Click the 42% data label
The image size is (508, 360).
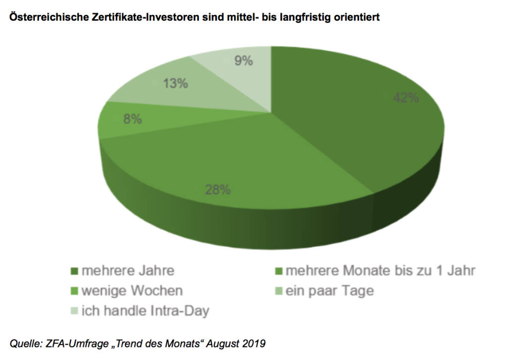(406, 98)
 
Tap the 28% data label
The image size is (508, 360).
(218, 189)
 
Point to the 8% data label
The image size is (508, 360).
(132, 119)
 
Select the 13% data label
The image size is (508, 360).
(176, 83)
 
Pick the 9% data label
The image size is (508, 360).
(243, 61)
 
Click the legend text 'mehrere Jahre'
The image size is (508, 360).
(128, 271)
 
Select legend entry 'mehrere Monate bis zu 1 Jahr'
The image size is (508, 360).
(381, 271)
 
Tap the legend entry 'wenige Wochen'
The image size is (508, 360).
(132, 291)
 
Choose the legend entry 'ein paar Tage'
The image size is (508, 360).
(329, 291)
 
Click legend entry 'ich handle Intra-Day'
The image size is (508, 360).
(145, 311)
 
